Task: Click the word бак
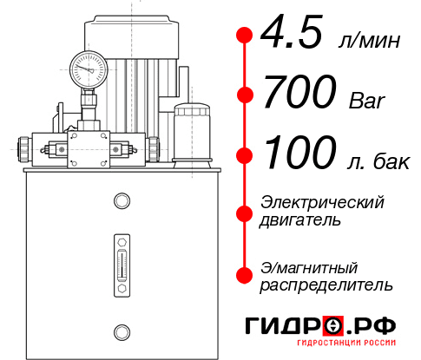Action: click(397, 159)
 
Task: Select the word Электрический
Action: click(322, 202)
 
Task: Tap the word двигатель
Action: click(300, 220)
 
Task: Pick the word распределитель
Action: click(326, 285)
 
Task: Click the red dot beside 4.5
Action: click(245, 36)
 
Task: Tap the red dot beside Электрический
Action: click(245, 212)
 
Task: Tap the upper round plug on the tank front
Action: click(121, 201)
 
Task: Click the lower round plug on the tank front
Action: click(121, 330)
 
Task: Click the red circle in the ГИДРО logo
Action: click(332, 326)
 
